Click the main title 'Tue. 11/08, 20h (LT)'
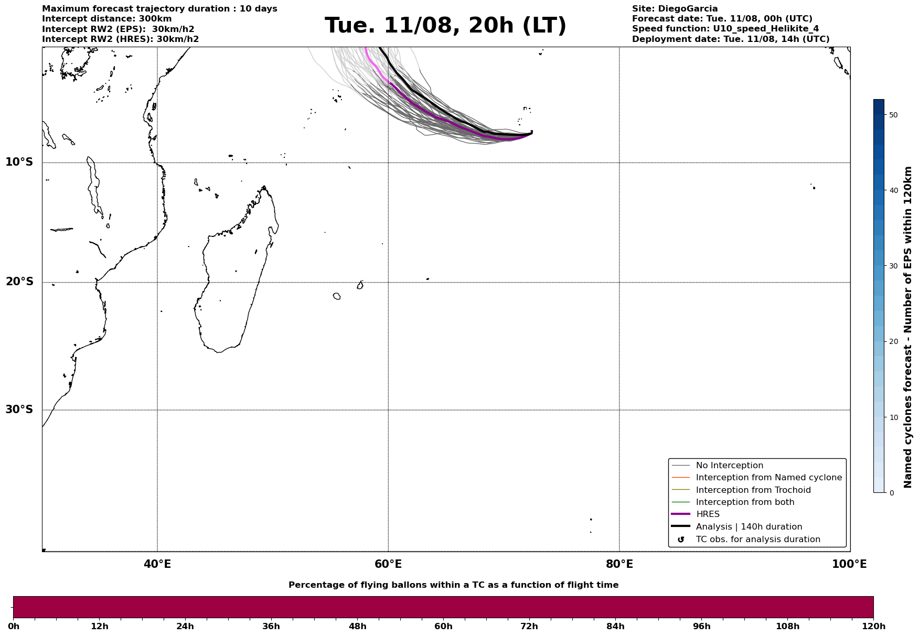click(445, 26)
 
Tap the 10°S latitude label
click(19, 162)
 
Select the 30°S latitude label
click(19, 409)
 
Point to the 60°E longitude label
click(388, 564)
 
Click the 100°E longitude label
click(849, 564)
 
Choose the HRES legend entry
click(708, 514)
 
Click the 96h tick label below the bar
click(702, 626)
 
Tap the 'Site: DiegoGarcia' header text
click(675, 9)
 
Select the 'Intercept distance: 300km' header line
click(107, 19)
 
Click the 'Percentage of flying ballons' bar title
click(453, 585)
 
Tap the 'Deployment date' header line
click(731, 39)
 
